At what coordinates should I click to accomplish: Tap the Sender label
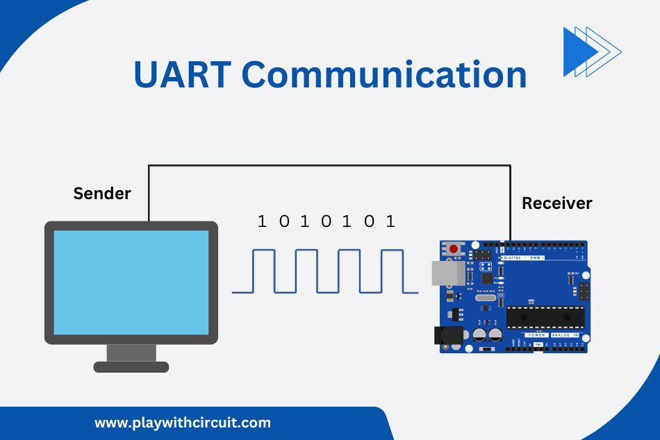pos(102,193)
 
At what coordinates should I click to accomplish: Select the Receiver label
pos(557,203)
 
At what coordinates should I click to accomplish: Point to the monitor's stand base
pos(131,366)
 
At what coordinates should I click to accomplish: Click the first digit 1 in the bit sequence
pos(262,221)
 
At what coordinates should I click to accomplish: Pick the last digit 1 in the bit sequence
pos(390,221)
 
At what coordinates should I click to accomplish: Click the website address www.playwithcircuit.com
pos(183,422)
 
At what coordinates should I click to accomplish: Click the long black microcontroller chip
pos(545,316)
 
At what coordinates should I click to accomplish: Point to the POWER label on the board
pos(536,335)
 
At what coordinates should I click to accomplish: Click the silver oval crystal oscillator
pos(486,298)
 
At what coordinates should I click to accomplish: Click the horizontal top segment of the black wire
pos(329,165)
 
